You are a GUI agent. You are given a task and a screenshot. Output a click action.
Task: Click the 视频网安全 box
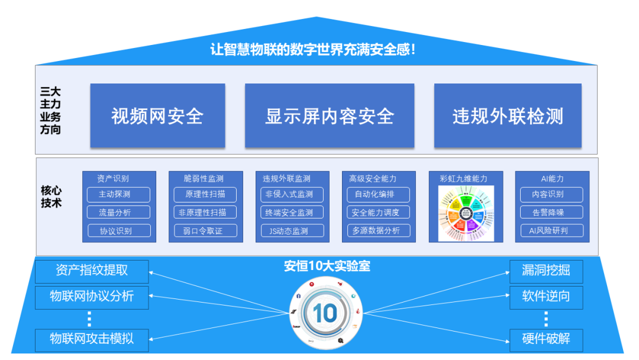(157, 115)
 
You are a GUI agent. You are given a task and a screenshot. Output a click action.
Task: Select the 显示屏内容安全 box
(330, 115)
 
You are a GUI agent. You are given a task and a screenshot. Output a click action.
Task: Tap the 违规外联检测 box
(508, 115)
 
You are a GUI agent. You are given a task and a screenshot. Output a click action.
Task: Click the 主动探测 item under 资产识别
(118, 194)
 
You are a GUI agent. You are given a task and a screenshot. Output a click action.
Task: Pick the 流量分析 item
(118, 213)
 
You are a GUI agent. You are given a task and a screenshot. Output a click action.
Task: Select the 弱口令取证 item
(206, 231)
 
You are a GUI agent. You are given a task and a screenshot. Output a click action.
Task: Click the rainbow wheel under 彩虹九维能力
(466, 214)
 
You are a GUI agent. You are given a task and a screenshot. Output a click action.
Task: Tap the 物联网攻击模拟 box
(92, 339)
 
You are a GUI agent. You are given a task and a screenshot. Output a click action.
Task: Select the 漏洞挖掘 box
(546, 271)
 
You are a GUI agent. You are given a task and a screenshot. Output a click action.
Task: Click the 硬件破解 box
(546, 339)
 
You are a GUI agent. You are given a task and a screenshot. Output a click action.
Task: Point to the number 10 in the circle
(325, 313)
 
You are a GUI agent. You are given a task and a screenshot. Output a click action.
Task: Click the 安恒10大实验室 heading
(327, 266)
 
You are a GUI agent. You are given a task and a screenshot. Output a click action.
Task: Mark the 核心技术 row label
(51, 197)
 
